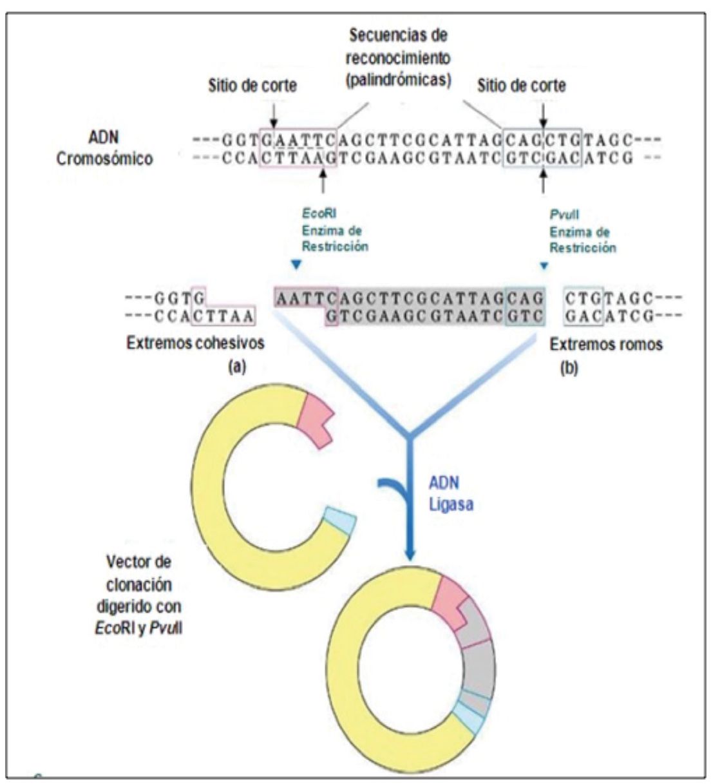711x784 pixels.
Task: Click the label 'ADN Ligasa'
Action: click(x=451, y=493)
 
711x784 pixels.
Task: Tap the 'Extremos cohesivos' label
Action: click(x=195, y=343)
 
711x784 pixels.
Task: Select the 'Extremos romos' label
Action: click(x=606, y=345)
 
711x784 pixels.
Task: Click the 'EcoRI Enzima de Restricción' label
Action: click(x=335, y=230)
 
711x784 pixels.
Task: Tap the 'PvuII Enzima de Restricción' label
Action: click(x=582, y=232)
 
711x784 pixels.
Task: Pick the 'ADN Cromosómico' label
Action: click(x=104, y=148)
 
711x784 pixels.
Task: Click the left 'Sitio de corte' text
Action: click(x=252, y=86)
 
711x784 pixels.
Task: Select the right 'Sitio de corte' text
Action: click(x=522, y=86)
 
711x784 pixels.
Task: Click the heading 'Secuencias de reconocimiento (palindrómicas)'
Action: click(x=398, y=57)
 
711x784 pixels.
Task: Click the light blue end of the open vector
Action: click(x=340, y=521)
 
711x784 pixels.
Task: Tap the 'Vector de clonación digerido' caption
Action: click(x=138, y=593)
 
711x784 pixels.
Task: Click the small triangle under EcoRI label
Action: click(x=295, y=264)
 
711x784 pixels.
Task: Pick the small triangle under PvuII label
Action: click(x=544, y=265)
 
